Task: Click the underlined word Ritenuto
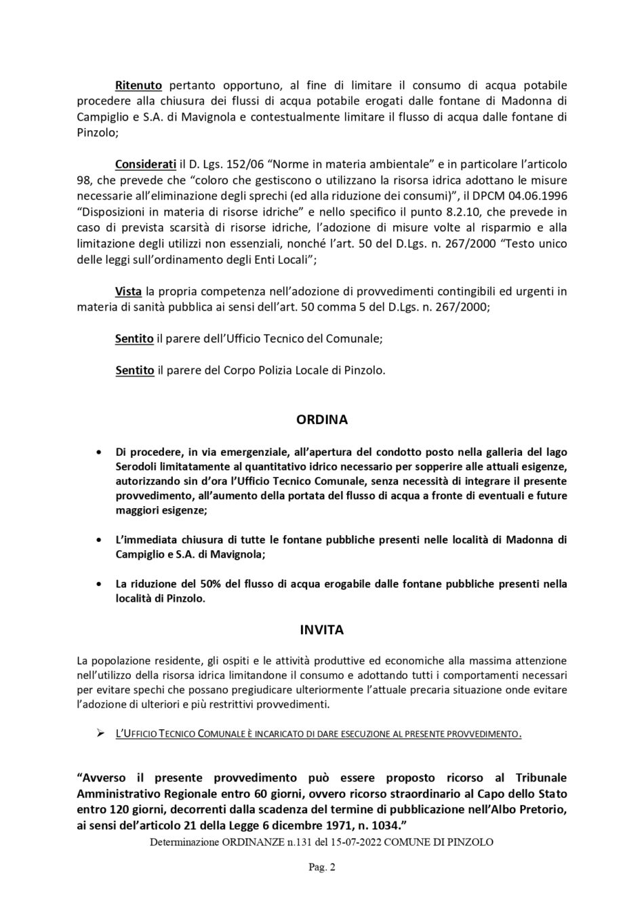[138, 86]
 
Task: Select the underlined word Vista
[128, 292]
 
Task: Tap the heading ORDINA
[322, 420]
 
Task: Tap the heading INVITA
[322, 630]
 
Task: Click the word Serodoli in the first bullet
[138, 467]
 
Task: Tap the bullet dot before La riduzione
[100, 584]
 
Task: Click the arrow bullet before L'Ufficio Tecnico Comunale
[100, 734]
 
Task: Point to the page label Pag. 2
[322, 867]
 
